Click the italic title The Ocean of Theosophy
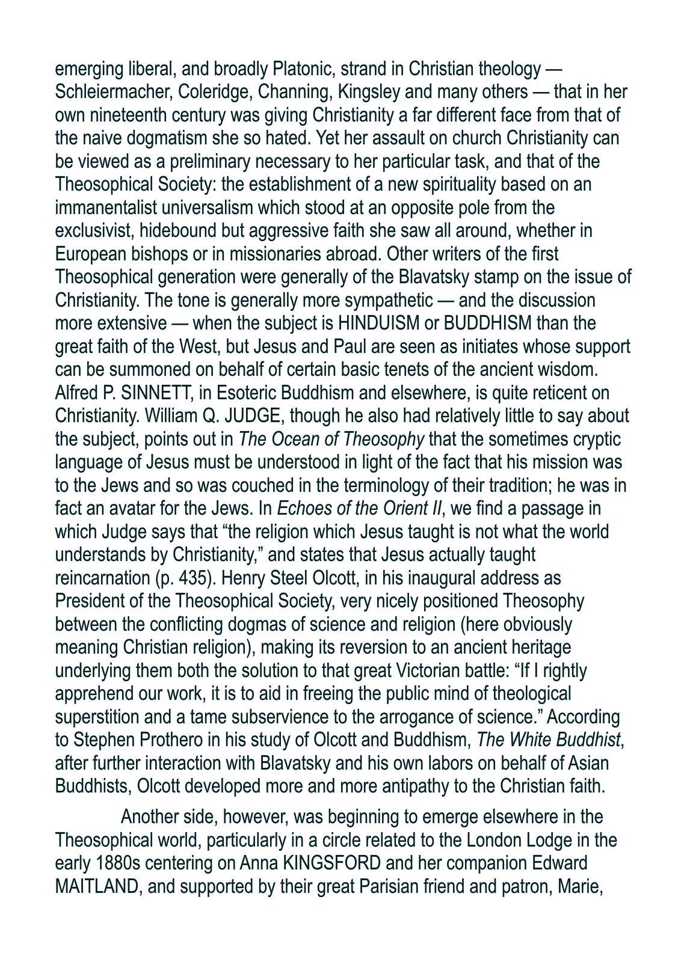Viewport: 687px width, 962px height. coord(331,440)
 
